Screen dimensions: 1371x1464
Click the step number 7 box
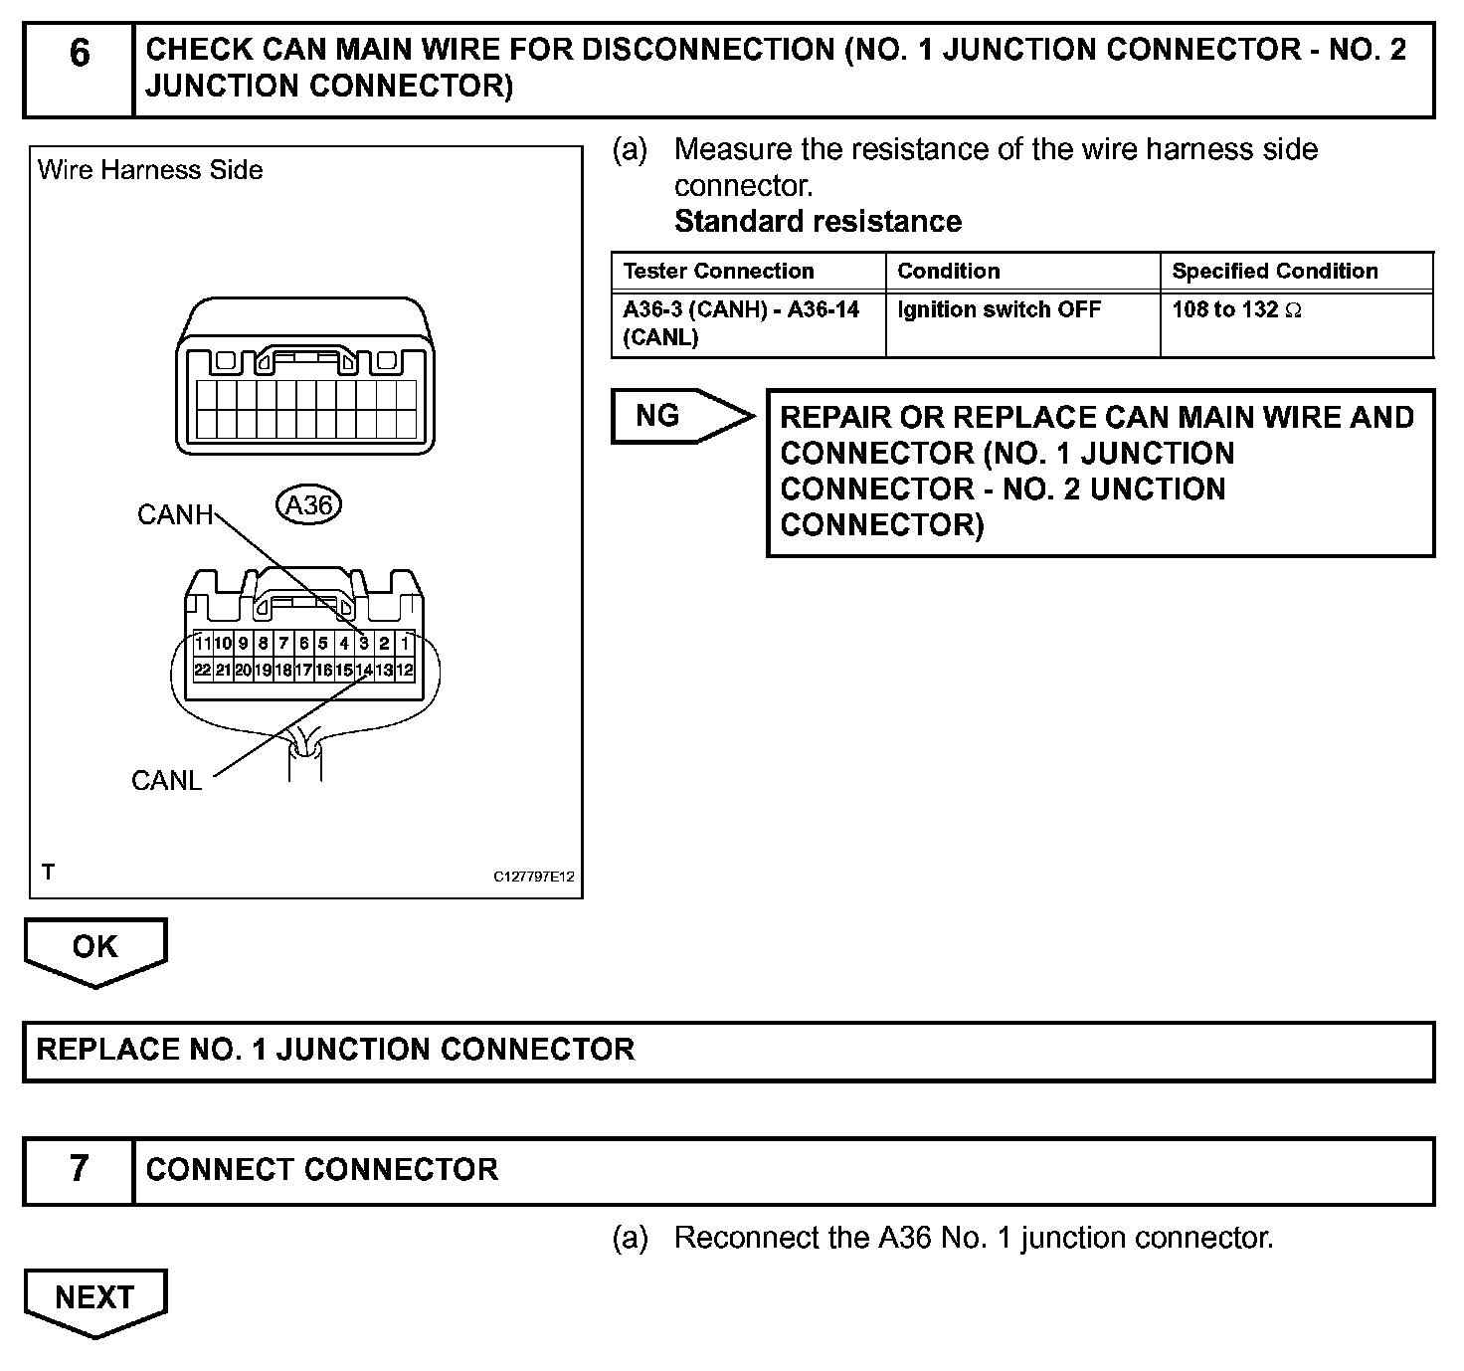click(x=79, y=1170)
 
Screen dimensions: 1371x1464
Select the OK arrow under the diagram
click(x=95, y=948)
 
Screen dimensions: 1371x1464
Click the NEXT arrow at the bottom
click(x=95, y=1298)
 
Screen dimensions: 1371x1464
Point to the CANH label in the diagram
click(x=175, y=515)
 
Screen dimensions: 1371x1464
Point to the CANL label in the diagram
click(x=166, y=781)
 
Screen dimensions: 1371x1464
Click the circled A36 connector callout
click(x=308, y=506)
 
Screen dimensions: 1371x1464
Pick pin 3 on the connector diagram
click(x=364, y=644)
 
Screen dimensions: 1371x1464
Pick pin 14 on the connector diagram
click(x=364, y=671)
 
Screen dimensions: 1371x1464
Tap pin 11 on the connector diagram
click(x=203, y=644)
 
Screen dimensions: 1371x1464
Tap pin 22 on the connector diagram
click(x=203, y=671)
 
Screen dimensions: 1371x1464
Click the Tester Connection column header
click(x=718, y=272)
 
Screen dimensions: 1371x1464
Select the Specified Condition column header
click(x=1274, y=272)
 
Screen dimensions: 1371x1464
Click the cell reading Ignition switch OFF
click(x=999, y=310)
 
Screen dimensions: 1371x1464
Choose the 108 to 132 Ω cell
click(x=1235, y=310)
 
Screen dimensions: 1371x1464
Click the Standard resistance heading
click(x=818, y=222)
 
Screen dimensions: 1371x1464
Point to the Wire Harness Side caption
click(x=150, y=170)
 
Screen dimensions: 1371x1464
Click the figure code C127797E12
click(x=534, y=878)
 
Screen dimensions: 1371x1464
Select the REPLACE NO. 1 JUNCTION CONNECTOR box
click(x=728, y=1051)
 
